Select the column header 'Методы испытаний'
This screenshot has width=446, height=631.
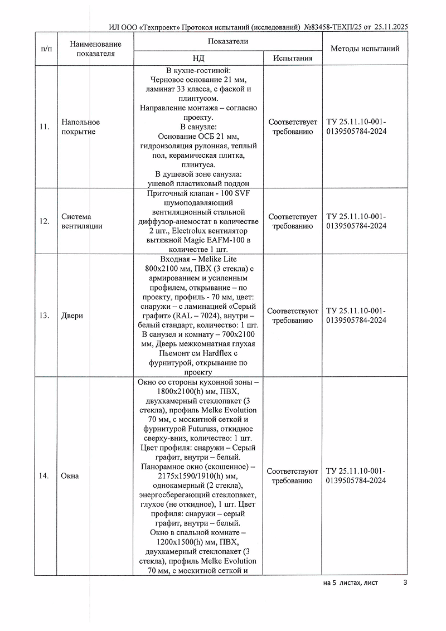(x=365, y=48)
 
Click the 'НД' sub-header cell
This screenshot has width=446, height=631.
(x=198, y=58)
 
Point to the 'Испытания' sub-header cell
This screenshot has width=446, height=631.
(x=293, y=58)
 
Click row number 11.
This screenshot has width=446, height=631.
(x=45, y=127)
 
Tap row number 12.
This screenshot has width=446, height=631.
(x=45, y=221)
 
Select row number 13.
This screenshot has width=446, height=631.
(x=45, y=315)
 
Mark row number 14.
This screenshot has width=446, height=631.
(x=45, y=476)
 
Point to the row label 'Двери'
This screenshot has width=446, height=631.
(x=72, y=315)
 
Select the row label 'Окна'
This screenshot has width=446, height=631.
(x=70, y=476)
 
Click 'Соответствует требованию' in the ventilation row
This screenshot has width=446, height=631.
(x=293, y=221)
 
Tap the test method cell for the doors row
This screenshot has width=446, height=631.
(x=356, y=315)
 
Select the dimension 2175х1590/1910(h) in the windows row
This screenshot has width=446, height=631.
(x=198, y=476)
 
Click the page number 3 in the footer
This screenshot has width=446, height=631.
(x=405, y=583)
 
